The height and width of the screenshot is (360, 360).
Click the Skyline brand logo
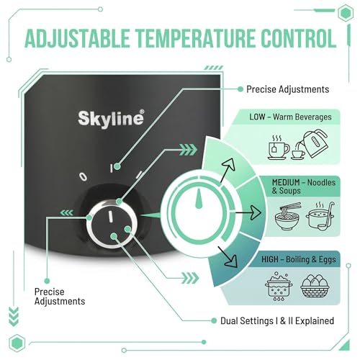tap(111, 119)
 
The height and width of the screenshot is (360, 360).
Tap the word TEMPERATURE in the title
tap(195, 38)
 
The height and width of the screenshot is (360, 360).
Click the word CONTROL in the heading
tap(299, 38)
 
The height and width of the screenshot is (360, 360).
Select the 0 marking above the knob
tap(83, 176)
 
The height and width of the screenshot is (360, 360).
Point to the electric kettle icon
tap(312, 143)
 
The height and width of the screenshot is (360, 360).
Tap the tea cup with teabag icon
tap(279, 148)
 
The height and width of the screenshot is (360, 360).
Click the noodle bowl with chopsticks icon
tap(287, 216)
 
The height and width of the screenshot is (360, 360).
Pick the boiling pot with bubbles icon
tap(279, 287)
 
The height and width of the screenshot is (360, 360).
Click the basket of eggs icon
tap(315, 286)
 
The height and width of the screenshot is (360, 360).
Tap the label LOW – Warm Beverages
tap(290, 117)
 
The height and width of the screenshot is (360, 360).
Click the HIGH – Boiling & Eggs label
tap(299, 259)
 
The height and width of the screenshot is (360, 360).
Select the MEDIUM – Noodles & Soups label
tap(304, 186)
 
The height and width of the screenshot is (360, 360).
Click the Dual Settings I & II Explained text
tap(277, 321)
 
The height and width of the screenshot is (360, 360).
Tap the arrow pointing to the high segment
tap(228, 257)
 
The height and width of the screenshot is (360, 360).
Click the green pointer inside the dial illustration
tap(199, 199)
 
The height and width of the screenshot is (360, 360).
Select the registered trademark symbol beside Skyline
tap(142, 112)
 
